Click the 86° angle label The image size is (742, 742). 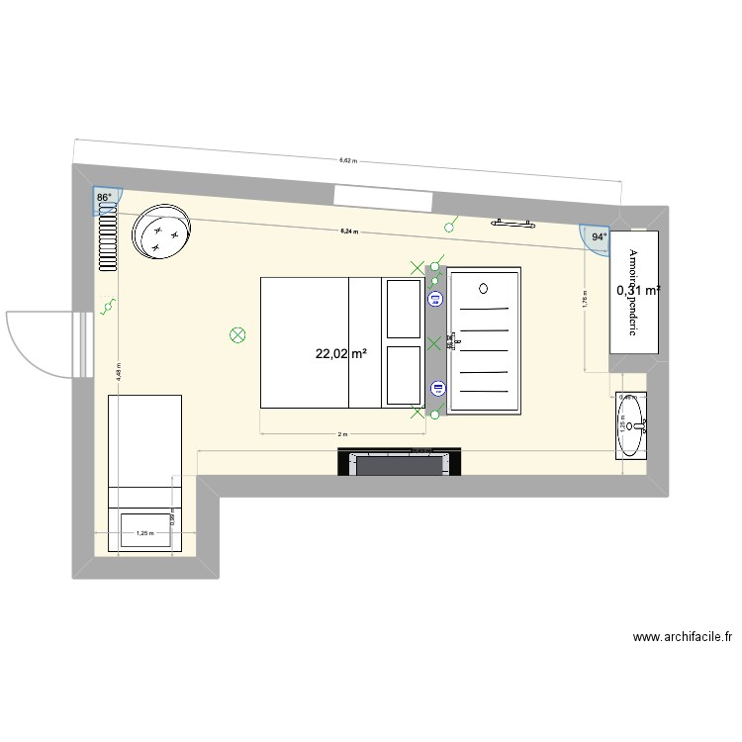click(x=102, y=198)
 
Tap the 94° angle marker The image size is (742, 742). click(x=598, y=237)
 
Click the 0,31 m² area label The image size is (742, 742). click(x=638, y=291)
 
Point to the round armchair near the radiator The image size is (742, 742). click(x=162, y=232)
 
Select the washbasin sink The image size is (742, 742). click(x=629, y=426)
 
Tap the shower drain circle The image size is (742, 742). click(x=483, y=289)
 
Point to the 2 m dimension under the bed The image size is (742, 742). click(x=342, y=434)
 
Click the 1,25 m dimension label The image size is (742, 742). click(x=144, y=534)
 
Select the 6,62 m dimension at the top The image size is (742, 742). click(x=347, y=159)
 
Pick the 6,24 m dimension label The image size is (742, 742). click(x=347, y=231)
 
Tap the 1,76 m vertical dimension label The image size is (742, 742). click(x=585, y=298)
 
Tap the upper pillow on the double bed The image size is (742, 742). click(x=403, y=308)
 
